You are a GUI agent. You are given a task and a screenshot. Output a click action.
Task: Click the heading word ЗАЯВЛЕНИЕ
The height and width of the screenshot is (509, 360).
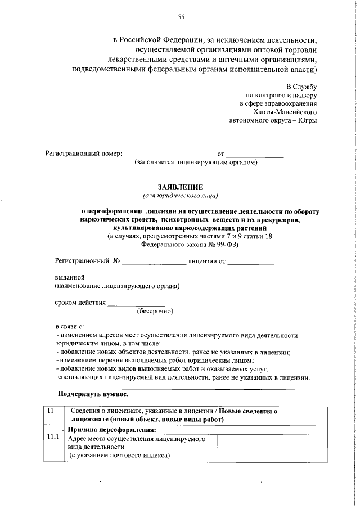[x=181, y=187]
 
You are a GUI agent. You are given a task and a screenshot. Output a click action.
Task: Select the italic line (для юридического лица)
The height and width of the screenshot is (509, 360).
[x=181, y=195]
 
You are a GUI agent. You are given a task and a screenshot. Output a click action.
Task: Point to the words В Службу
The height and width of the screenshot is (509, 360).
[x=302, y=87]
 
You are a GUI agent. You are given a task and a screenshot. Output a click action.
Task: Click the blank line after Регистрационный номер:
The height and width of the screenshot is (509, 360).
[x=168, y=154]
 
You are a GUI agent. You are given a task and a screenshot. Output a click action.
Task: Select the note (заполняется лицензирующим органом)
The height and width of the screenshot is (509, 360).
[x=196, y=163]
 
